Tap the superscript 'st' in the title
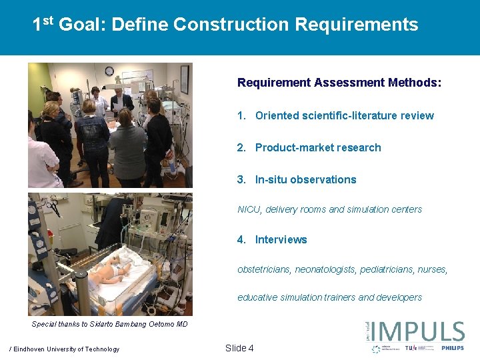pos(47,21)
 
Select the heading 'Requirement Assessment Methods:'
pos(339,83)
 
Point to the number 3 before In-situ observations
pos(241,179)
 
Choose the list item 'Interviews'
pos(281,239)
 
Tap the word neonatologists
pos(327,269)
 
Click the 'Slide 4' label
pos(239,348)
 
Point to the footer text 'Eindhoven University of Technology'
pos(66,349)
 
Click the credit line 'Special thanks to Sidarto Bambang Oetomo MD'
pos(110,325)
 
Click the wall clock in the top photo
pos(109,71)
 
